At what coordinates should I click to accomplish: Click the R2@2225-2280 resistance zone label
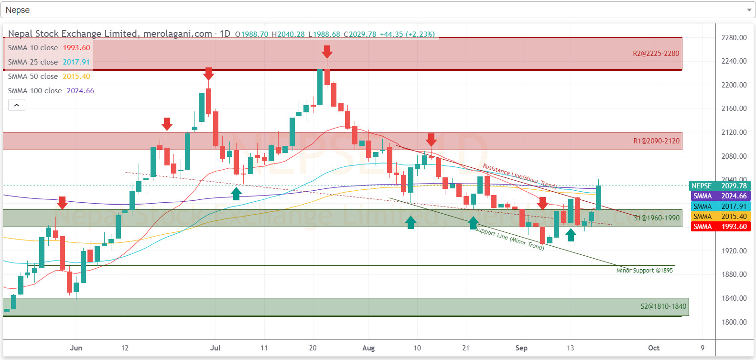coord(656,54)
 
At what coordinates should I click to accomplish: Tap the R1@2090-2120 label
coord(656,141)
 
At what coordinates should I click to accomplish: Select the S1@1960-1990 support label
coord(657,218)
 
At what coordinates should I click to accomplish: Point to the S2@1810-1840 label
coord(663,306)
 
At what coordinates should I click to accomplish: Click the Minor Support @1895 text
coord(644,271)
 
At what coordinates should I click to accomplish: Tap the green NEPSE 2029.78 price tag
coord(720,186)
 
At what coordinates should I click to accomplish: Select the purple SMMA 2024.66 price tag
coord(720,196)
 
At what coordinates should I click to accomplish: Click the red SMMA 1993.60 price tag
coord(720,227)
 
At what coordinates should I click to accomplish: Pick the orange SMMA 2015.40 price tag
coord(720,217)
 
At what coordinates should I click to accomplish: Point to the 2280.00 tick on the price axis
coord(734,38)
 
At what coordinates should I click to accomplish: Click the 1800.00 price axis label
coord(734,322)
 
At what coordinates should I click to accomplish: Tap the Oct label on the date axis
coord(653,348)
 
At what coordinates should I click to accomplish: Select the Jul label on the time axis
coord(215,348)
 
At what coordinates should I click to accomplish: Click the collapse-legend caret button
coord(16,105)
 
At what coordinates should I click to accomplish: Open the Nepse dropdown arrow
coord(748,10)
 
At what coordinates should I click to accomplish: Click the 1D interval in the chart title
coord(225,34)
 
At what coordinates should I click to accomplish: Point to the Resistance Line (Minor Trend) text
coord(519,176)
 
